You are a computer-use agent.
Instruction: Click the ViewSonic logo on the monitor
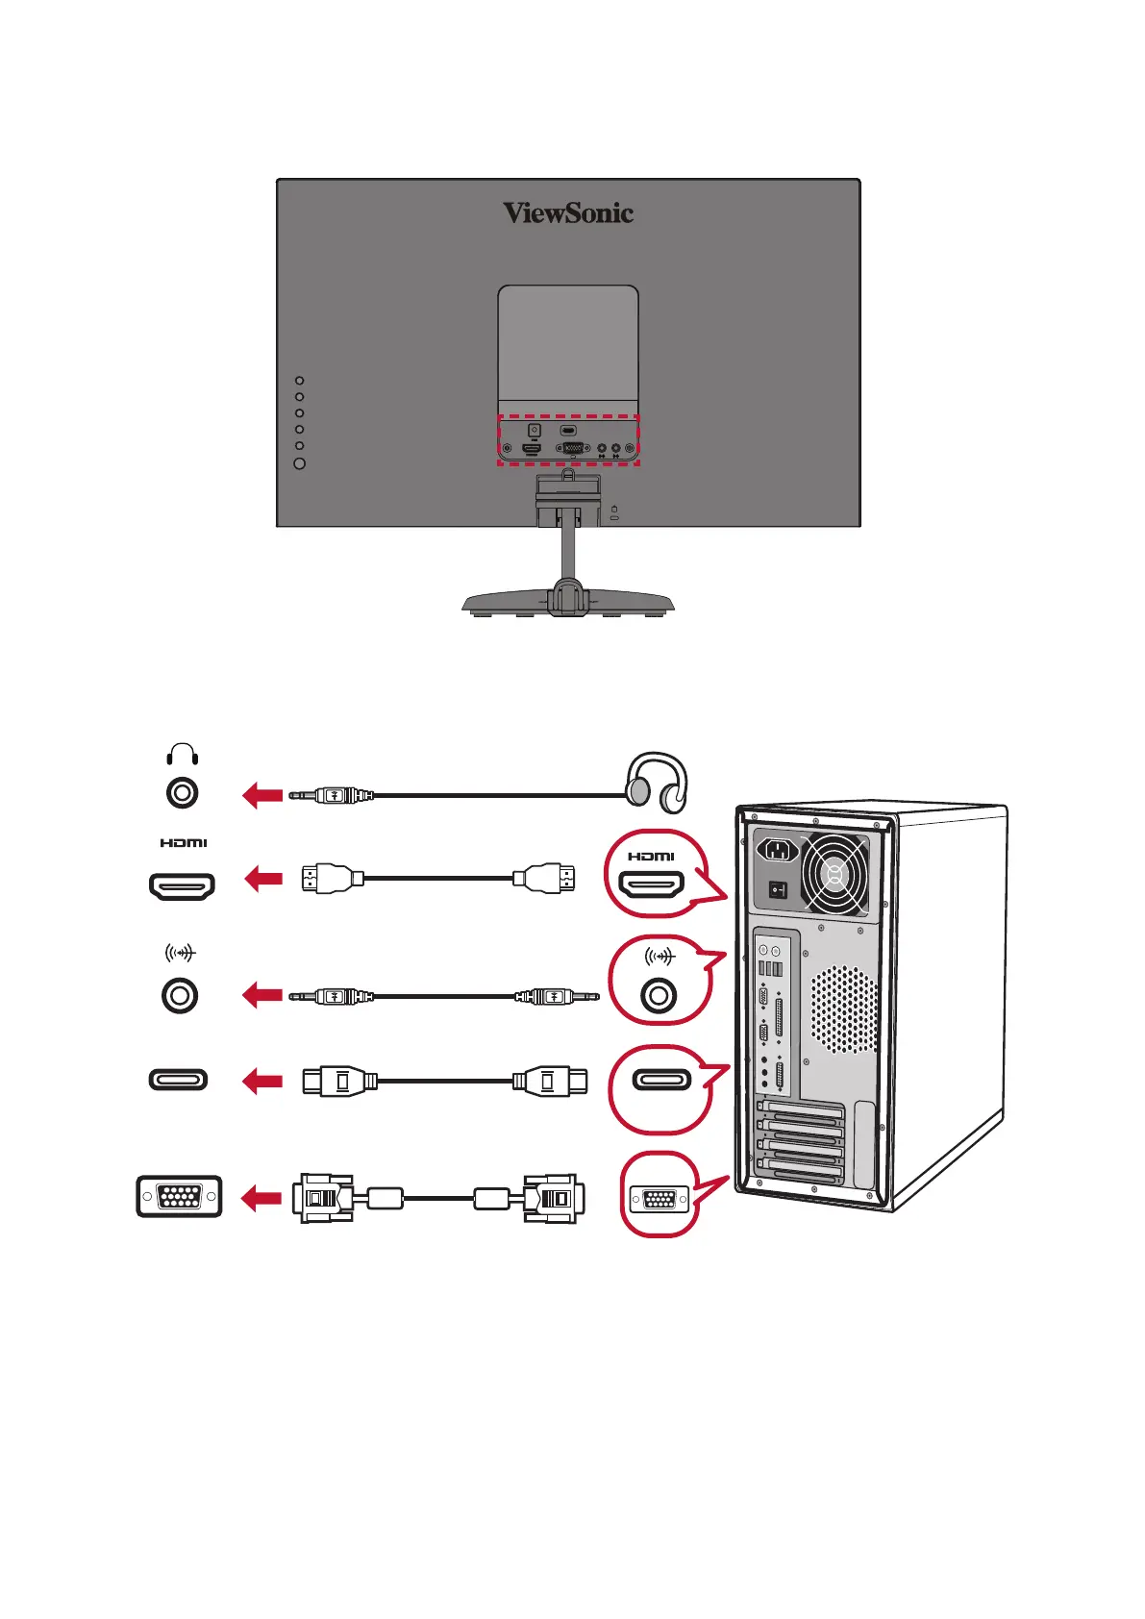click(568, 212)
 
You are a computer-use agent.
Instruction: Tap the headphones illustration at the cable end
click(657, 781)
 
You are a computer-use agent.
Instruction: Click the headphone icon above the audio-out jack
click(182, 754)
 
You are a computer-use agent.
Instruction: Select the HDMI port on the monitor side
click(182, 885)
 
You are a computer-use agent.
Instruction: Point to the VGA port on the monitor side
click(179, 1197)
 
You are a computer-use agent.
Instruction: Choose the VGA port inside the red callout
click(659, 1199)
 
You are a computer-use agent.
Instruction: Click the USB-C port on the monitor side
click(178, 1080)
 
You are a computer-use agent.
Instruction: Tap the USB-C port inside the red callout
click(661, 1080)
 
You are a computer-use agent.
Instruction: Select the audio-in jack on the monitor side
click(180, 995)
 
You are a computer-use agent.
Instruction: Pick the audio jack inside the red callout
click(659, 995)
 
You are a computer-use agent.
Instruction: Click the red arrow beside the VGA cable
click(261, 1198)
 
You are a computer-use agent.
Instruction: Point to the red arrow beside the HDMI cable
click(264, 879)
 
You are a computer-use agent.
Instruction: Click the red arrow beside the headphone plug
click(262, 795)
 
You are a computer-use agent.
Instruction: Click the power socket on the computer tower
click(778, 850)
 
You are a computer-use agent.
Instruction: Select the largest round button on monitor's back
click(299, 463)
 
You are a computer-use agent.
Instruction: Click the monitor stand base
click(567, 604)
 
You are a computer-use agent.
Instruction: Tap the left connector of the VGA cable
click(324, 1198)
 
